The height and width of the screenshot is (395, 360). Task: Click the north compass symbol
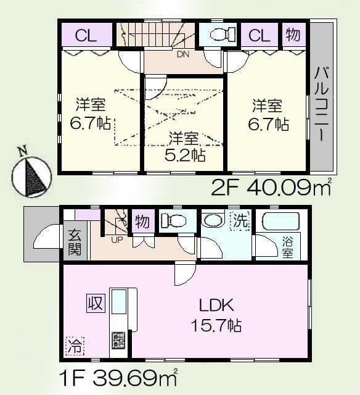[x=30, y=175]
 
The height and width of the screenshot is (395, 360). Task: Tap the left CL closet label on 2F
[x=86, y=36]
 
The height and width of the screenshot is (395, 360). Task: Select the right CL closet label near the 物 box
[x=260, y=35]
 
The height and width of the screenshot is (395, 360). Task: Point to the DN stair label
[x=182, y=54]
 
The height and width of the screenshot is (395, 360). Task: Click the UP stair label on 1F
[x=117, y=239]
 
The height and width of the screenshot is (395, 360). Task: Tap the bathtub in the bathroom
[x=277, y=221]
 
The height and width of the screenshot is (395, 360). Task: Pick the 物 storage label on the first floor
[x=141, y=221]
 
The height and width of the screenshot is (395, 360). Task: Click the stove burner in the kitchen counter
[x=118, y=339]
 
